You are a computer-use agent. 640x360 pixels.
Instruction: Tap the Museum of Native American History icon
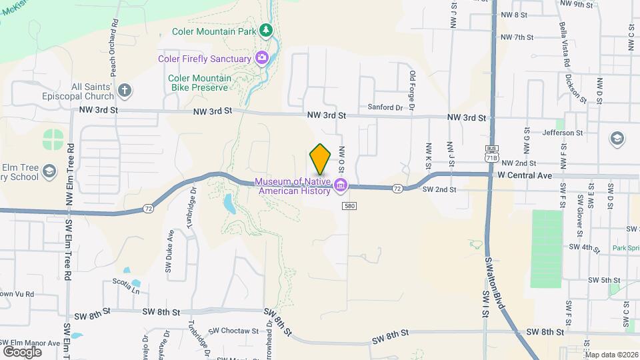point(341,185)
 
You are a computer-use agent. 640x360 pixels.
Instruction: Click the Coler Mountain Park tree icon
point(266,30)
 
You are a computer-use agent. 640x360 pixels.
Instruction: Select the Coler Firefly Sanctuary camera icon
point(262,58)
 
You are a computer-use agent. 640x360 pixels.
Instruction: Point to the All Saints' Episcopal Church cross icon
point(124,90)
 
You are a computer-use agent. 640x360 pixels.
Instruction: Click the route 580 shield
point(349,207)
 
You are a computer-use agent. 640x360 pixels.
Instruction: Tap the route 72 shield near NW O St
point(397,189)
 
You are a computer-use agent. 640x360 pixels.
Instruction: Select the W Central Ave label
point(525,176)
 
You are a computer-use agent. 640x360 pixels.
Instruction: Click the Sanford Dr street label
point(386,107)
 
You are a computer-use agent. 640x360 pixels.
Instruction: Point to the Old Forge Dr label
point(413,92)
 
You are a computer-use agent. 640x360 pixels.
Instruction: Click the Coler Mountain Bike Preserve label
point(199,83)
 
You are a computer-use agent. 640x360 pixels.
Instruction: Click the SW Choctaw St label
point(233,331)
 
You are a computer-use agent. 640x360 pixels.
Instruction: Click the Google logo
point(22,351)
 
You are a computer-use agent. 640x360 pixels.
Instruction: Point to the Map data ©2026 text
point(611,355)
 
